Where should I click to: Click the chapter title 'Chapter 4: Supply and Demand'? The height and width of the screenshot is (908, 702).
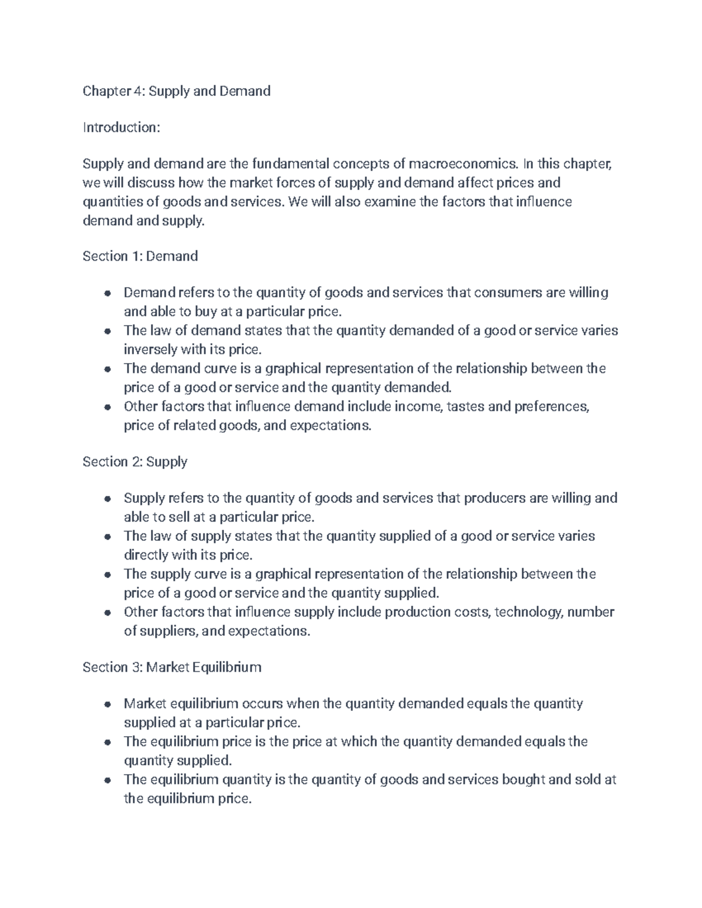point(176,91)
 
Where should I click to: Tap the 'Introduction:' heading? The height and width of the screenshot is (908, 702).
point(121,127)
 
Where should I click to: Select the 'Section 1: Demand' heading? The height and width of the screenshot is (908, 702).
point(140,256)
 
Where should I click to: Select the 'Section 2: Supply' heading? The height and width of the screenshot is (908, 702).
point(135,462)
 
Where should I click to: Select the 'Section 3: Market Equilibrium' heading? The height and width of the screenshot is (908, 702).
point(171,667)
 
